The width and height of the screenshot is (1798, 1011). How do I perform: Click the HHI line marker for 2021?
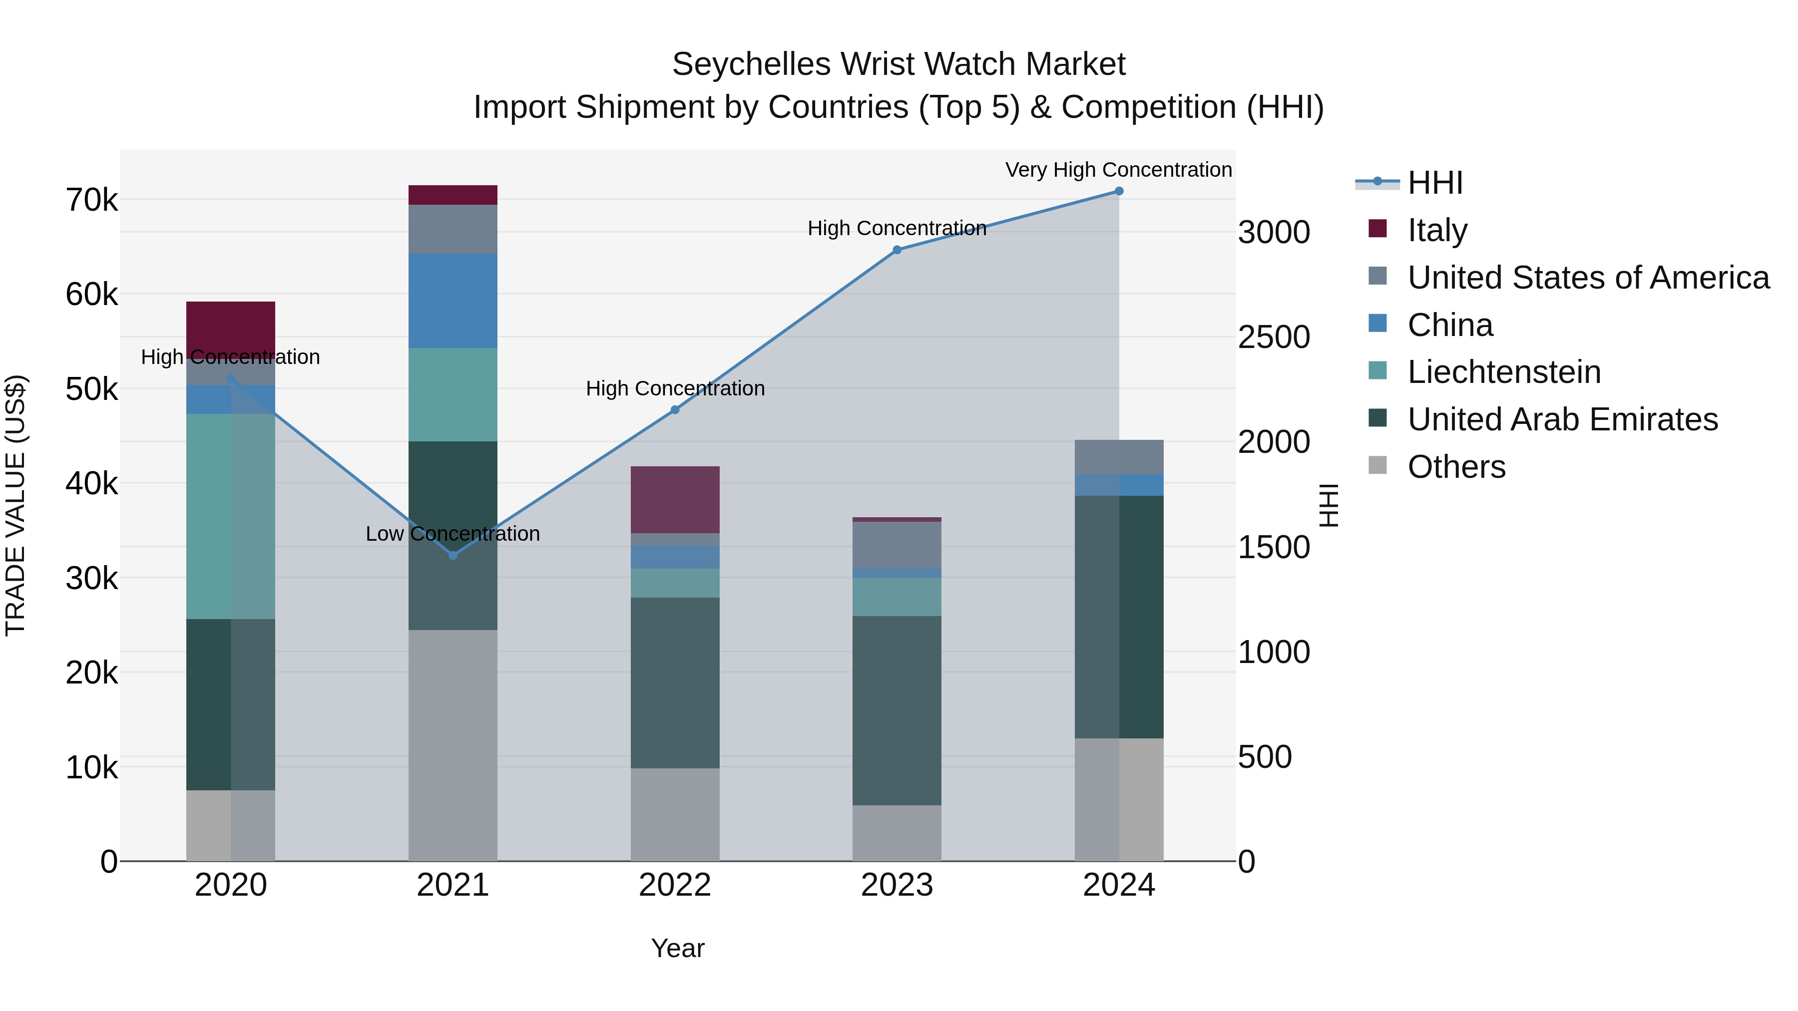click(x=453, y=555)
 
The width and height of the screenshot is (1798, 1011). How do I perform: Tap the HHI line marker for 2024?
click(x=1119, y=191)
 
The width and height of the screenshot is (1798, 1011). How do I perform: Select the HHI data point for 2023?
click(x=897, y=250)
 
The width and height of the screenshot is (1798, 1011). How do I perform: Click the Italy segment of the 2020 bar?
click(x=230, y=328)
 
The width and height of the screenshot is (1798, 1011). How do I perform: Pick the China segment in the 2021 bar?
click(x=453, y=301)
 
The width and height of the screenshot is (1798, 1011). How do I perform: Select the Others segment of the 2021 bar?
click(x=453, y=745)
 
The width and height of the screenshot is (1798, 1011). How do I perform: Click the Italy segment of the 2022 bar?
click(x=675, y=500)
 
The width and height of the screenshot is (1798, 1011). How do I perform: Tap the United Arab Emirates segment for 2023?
click(x=897, y=710)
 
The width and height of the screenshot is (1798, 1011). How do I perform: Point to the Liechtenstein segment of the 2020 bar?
click(x=230, y=516)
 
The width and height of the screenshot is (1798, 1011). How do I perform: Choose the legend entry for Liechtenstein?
click(x=1503, y=372)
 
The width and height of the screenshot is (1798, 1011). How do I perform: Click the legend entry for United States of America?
click(x=1588, y=278)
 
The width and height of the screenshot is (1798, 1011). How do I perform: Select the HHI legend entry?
click(x=1434, y=183)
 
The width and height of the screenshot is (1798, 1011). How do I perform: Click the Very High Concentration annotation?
click(x=1118, y=170)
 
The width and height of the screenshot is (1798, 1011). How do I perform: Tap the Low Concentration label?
click(x=452, y=534)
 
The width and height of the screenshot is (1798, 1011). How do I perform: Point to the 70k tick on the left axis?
click(x=91, y=200)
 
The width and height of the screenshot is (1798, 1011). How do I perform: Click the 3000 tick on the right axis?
click(x=1274, y=232)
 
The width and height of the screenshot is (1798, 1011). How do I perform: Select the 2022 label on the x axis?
click(x=675, y=885)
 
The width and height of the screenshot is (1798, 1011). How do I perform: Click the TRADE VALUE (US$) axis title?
click(x=15, y=505)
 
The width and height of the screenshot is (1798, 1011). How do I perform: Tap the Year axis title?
click(x=677, y=948)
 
